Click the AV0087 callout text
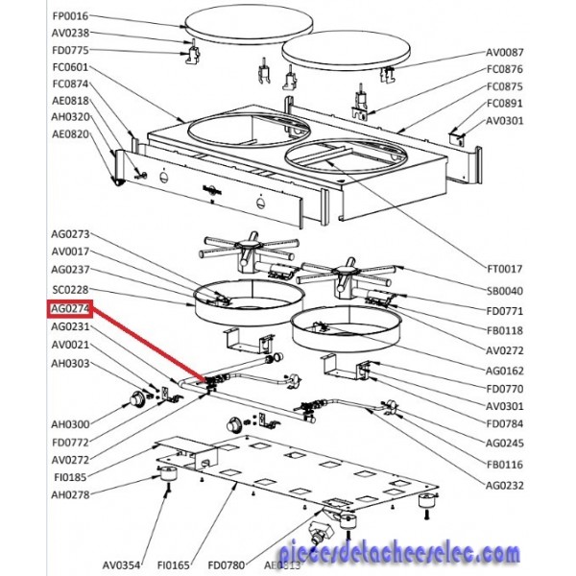pos(505,51)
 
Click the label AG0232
pos(505,485)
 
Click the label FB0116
pos(505,464)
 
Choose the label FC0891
pos(505,103)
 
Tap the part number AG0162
pos(505,370)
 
